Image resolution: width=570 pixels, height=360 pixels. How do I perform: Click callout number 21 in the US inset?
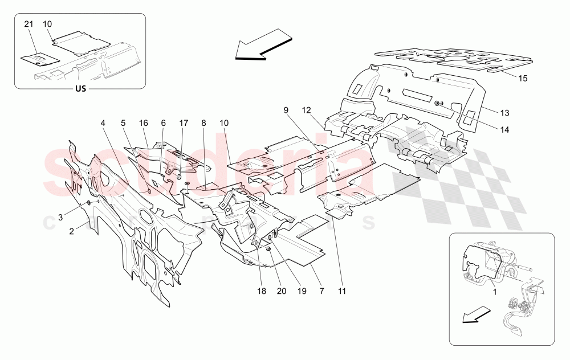tap(29, 24)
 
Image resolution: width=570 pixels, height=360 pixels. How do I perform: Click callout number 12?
tap(306, 109)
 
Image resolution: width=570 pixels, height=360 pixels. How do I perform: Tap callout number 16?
tap(143, 122)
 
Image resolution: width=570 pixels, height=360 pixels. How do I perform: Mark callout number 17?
tap(183, 122)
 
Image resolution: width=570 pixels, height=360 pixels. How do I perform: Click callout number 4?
tap(103, 122)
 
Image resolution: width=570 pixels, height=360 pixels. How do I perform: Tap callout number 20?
tap(281, 291)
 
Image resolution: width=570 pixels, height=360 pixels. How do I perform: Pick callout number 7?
tap(321, 291)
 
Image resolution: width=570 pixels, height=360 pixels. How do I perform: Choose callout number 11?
tap(342, 291)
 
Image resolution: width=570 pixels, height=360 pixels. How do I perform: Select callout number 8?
tap(203, 122)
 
